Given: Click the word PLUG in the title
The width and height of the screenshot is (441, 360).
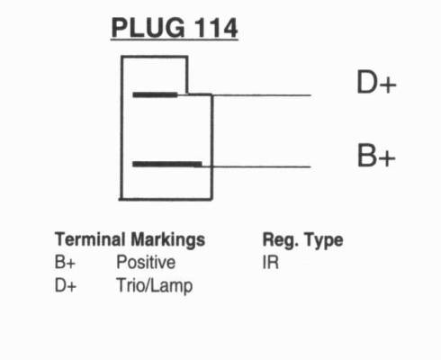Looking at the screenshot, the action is (x=148, y=28).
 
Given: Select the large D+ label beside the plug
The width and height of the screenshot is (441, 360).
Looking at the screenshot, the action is (x=376, y=82).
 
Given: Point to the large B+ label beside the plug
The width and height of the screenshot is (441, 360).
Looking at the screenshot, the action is (x=376, y=155).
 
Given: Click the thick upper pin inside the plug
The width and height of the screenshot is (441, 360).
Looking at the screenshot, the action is (x=155, y=94).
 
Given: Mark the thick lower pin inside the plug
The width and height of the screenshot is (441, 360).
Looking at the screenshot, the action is (x=167, y=164).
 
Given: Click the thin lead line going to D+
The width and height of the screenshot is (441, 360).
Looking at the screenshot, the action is (x=262, y=95).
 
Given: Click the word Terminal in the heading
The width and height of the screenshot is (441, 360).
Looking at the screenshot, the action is (x=90, y=239).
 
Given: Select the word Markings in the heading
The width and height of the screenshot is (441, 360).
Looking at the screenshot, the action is (x=168, y=240).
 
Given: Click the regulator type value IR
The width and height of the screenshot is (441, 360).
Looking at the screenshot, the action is (x=270, y=263).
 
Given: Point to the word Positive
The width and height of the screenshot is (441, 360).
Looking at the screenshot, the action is (x=146, y=262).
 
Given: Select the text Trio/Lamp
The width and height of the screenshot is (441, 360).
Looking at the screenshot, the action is (x=154, y=285).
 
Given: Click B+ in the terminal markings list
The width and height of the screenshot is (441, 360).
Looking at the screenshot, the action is (x=65, y=262).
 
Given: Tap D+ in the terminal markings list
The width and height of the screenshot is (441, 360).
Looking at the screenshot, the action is (x=66, y=285).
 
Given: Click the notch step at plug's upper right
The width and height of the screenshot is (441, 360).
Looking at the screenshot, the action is (x=188, y=94).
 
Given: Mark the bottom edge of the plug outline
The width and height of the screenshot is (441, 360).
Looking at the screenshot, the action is (x=166, y=199).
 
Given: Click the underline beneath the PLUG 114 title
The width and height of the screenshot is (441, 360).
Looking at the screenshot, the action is (x=175, y=39).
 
